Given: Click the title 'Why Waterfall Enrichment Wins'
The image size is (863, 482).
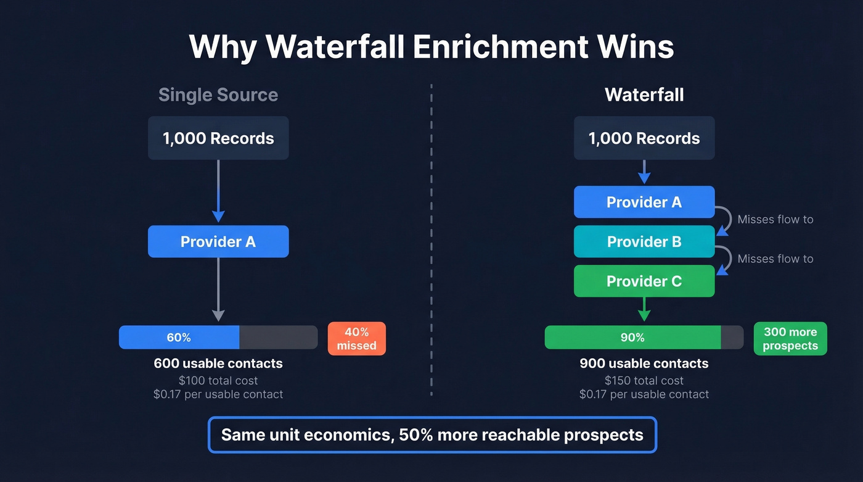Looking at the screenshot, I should pyautogui.click(x=431, y=47).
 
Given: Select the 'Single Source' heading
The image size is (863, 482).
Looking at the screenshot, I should pyautogui.click(x=218, y=94).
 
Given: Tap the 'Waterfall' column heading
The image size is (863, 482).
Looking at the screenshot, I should pyautogui.click(x=644, y=94).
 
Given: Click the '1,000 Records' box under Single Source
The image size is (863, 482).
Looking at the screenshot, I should pyautogui.click(x=218, y=138).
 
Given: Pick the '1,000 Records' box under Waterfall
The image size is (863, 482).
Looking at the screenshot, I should pyautogui.click(x=644, y=138).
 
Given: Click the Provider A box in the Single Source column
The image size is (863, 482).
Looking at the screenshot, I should pyautogui.click(x=218, y=241).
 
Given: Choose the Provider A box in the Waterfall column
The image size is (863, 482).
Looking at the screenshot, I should pyautogui.click(x=644, y=202).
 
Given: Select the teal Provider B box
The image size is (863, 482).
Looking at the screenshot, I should pyautogui.click(x=644, y=241).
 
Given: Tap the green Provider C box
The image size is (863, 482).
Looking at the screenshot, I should pyautogui.click(x=644, y=281).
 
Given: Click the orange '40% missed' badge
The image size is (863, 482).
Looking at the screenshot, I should pyautogui.click(x=356, y=339).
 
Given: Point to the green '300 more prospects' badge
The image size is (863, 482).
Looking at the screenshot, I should pyautogui.click(x=790, y=339).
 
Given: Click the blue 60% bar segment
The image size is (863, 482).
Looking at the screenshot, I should pyautogui.click(x=179, y=338).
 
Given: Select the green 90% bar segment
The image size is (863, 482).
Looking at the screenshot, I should pyautogui.click(x=632, y=338).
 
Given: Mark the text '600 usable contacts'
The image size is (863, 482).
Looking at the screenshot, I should pyautogui.click(x=218, y=364).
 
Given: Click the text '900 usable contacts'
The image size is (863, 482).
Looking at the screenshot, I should pyautogui.click(x=644, y=364).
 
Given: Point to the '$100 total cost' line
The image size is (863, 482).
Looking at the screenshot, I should pyautogui.click(x=218, y=380).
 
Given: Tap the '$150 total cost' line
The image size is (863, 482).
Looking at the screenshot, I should pyautogui.click(x=644, y=380).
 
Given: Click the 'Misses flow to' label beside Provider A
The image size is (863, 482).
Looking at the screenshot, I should pyautogui.click(x=775, y=219).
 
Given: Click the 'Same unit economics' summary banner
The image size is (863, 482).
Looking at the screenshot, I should pyautogui.click(x=432, y=434).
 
